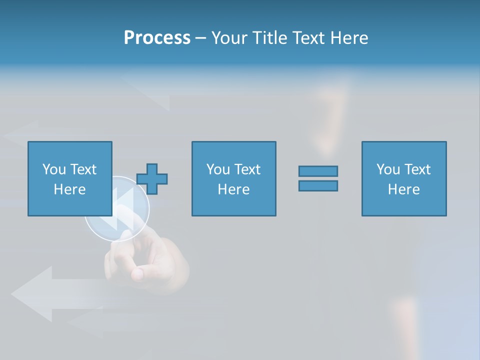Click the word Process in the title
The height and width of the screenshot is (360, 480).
[157, 38]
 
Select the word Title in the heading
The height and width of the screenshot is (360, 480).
[270, 38]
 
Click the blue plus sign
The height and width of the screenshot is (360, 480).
[152, 178]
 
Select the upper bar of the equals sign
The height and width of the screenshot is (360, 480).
[318, 171]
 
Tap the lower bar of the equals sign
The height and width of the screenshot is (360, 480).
[318, 185]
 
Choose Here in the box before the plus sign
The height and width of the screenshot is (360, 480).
[69, 189]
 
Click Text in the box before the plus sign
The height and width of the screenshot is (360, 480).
[82, 169]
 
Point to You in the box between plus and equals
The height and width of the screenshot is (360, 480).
[217, 169]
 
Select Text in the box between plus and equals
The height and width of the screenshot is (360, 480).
[246, 169]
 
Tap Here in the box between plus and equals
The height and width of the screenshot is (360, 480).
[233, 189]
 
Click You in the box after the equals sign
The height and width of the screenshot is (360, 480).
[387, 169]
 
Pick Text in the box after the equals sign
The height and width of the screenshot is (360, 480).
[416, 169]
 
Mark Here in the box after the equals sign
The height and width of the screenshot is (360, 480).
[403, 189]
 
